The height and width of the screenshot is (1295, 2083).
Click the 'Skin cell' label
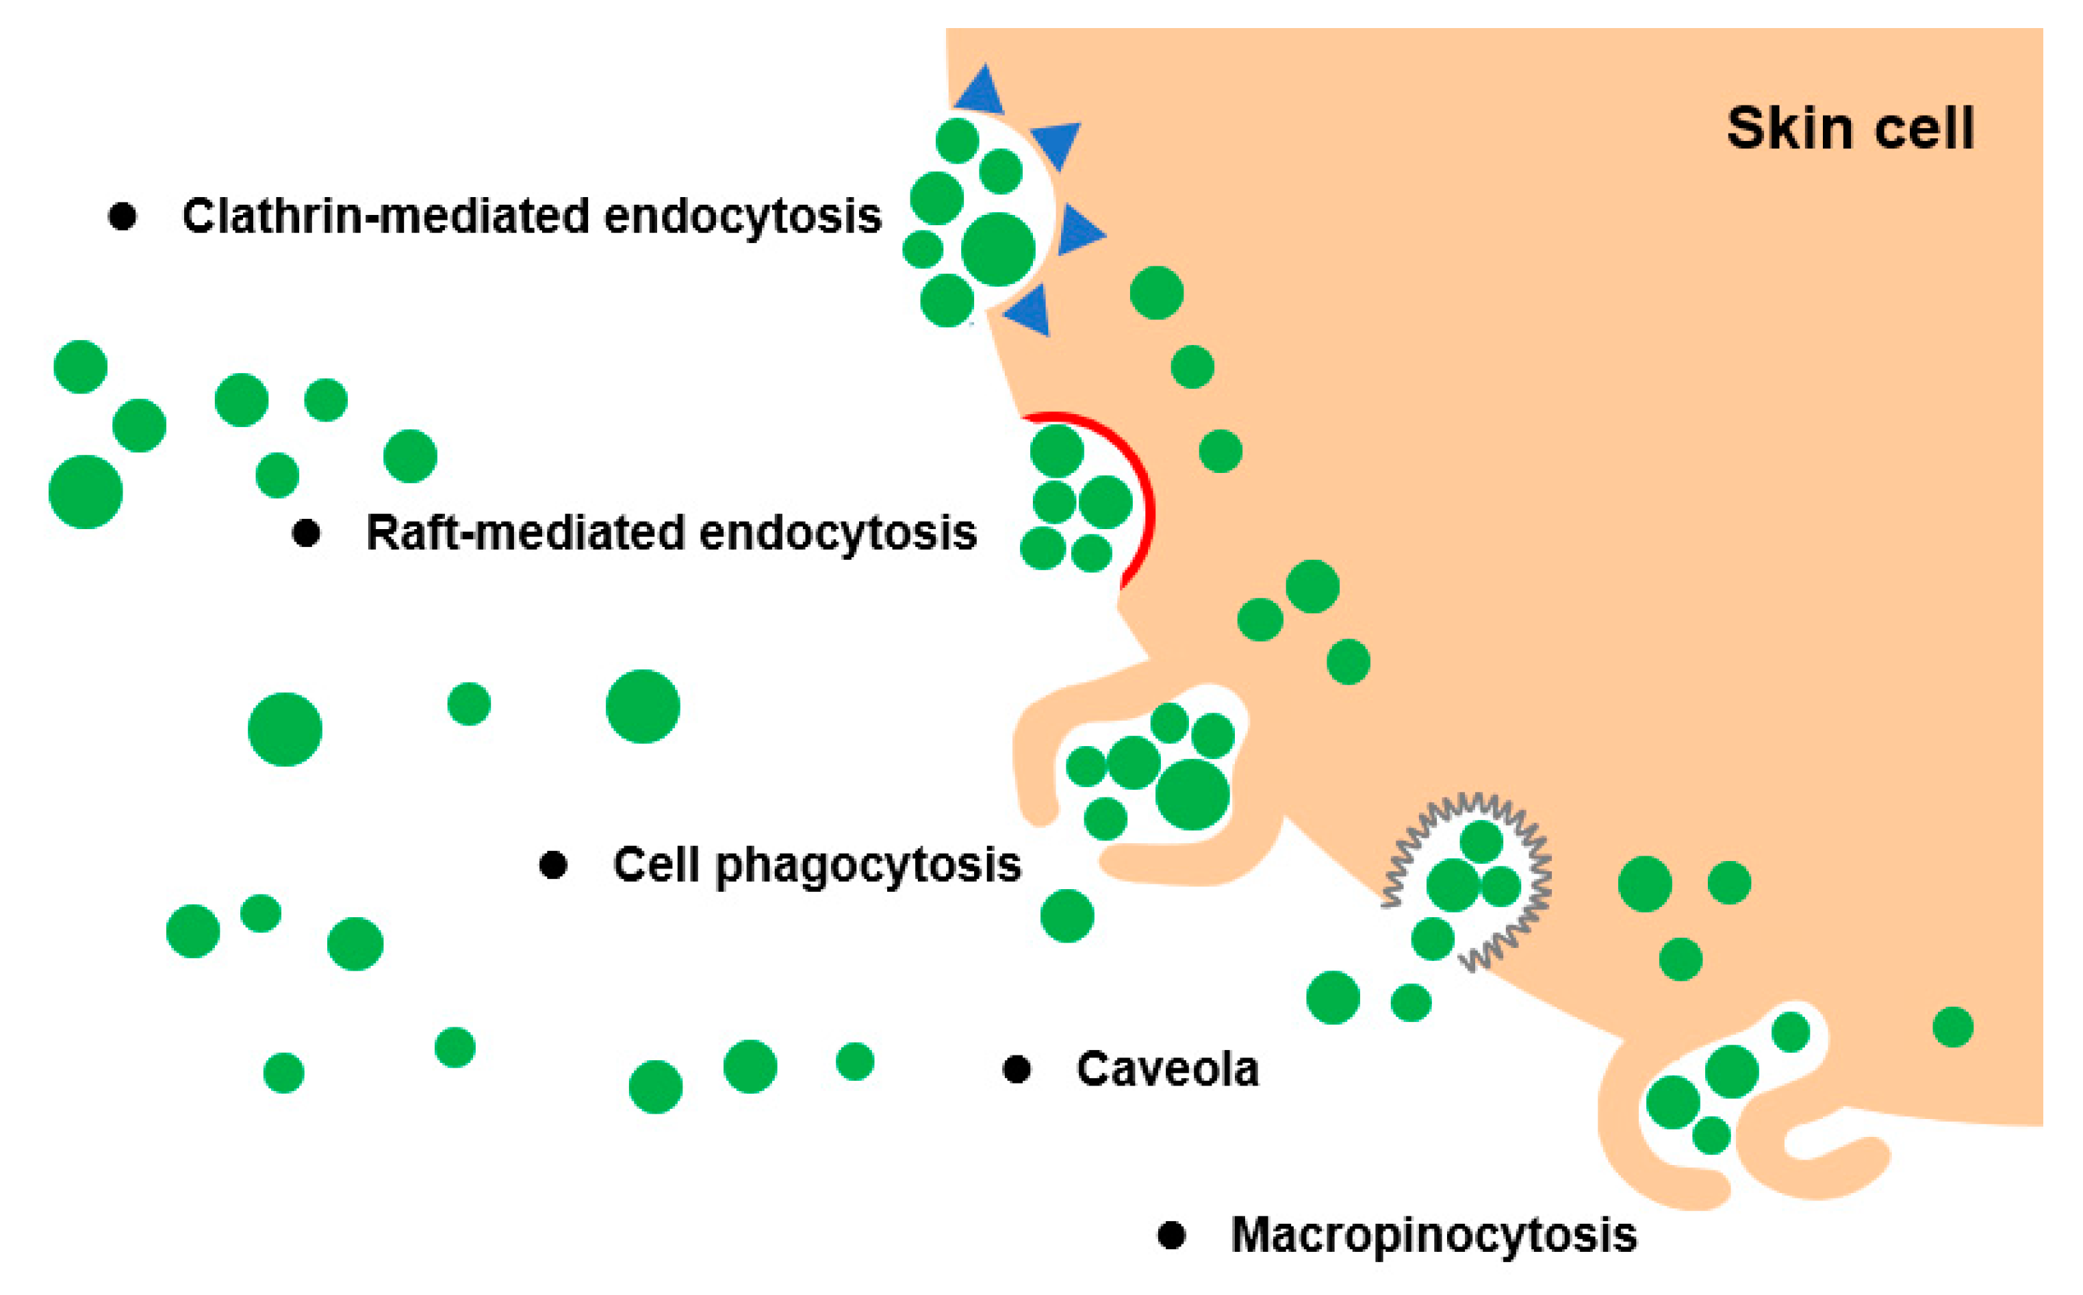pyautogui.click(x=1850, y=129)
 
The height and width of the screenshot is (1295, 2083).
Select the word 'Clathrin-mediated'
pyautogui.click(x=385, y=215)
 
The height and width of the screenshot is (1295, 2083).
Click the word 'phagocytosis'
pyautogui.click(x=867, y=866)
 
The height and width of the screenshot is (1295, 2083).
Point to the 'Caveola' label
pyautogui.click(x=1167, y=1069)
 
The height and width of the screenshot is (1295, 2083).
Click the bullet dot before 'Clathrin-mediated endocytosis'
pyautogui.click(x=123, y=216)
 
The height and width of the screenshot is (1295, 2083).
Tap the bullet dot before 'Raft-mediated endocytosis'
pyautogui.click(x=307, y=533)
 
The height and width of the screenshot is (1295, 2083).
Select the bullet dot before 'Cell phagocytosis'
pyautogui.click(x=553, y=865)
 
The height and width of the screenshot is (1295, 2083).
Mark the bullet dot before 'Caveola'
pyautogui.click(x=1017, y=1069)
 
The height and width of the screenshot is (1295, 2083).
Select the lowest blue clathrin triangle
pyautogui.click(x=1030, y=310)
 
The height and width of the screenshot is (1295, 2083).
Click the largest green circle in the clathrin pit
pyautogui.click(x=998, y=249)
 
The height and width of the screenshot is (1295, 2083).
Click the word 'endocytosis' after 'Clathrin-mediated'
pyautogui.click(x=743, y=215)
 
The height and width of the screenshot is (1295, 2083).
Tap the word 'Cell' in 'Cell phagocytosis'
pyautogui.click(x=656, y=864)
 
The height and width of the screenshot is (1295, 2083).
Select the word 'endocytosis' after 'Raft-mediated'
pyautogui.click(x=838, y=532)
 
